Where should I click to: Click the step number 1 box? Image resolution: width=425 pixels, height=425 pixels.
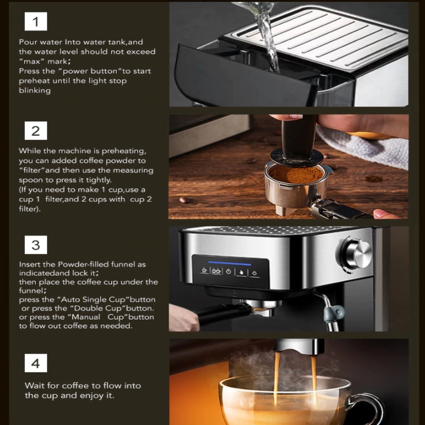(x=36, y=21)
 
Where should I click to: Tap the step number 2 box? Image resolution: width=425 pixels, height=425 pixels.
(x=36, y=130)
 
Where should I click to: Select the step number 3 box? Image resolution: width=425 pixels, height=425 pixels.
(x=36, y=245)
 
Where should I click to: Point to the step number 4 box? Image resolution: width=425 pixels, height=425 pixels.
(x=36, y=363)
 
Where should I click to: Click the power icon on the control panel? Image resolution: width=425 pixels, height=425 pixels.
(x=228, y=272)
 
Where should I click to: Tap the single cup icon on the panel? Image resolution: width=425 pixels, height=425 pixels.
(x=204, y=270)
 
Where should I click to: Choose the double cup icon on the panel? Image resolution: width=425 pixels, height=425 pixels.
(x=216, y=271)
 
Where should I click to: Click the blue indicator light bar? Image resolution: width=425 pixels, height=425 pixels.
(x=230, y=263)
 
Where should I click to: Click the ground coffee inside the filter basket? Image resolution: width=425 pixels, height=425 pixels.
(x=297, y=174)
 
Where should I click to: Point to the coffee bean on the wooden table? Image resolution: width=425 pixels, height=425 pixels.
(x=184, y=200)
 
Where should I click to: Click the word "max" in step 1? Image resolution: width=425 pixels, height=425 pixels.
(x=30, y=61)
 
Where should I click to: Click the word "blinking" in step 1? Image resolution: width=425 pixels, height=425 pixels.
(x=35, y=90)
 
